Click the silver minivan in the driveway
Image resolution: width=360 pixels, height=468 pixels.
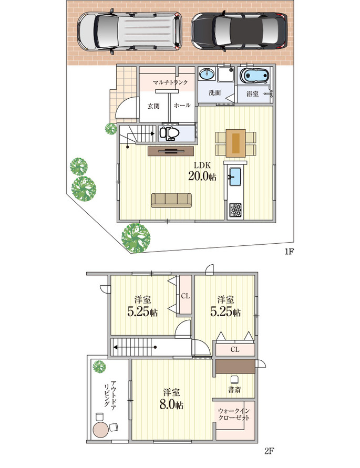pyautogui.click(x=130, y=31)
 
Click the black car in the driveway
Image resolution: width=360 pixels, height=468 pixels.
pyautogui.click(x=239, y=31)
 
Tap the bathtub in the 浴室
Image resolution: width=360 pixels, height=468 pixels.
pyautogui.click(x=253, y=76)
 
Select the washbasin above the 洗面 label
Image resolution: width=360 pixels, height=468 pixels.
pyautogui.click(x=207, y=74)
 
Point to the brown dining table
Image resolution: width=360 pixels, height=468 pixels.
pyautogui.click(x=236, y=143)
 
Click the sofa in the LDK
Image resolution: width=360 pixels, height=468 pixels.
pyautogui.click(x=171, y=200)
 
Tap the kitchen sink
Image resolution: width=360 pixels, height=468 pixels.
pyautogui.click(x=235, y=177)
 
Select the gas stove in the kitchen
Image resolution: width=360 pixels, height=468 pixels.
pyautogui.click(x=235, y=210)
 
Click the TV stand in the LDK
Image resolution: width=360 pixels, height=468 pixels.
pyautogui.click(x=171, y=151)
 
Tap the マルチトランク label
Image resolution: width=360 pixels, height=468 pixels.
pyautogui.click(x=170, y=82)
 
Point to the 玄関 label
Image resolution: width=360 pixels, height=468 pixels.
pyautogui.click(x=153, y=106)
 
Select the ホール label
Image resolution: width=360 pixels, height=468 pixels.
pyautogui.click(x=182, y=106)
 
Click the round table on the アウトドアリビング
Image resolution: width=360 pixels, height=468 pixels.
pyautogui.click(x=101, y=430)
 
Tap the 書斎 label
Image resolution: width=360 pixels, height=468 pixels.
pyautogui.click(x=234, y=390)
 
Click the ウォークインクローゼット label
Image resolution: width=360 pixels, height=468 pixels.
pyautogui.click(x=234, y=414)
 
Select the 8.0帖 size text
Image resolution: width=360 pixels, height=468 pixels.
pyautogui.click(x=171, y=405)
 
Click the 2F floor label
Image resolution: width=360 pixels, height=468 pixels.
pyautogui.click(x=269, y=450)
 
